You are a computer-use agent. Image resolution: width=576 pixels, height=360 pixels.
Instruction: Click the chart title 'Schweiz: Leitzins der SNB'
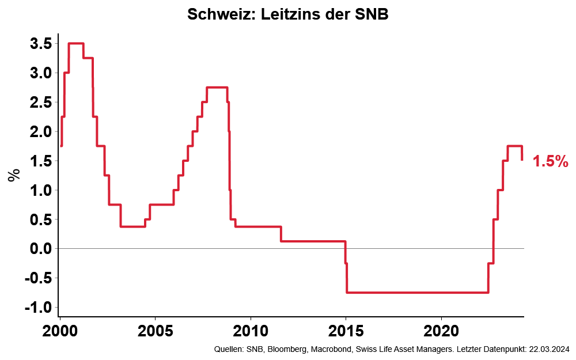(x=288, y=15)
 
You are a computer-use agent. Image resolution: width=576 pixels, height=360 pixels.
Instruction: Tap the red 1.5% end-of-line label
(x=550, y=161)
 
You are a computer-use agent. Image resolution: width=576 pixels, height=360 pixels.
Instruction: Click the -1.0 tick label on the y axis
(x=36, y=308)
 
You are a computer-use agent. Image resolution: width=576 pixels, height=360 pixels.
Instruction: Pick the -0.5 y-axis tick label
(x=36, y=278)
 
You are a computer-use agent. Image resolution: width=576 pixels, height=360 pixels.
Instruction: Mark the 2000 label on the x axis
(x=60, y=332)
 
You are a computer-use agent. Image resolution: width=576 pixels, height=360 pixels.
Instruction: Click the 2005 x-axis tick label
(x=156, y=332)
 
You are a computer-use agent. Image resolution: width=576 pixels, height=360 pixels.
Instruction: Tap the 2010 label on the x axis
(x=251, y=332)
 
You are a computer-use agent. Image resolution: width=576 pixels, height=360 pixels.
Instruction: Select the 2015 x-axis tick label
(x=346, y=332)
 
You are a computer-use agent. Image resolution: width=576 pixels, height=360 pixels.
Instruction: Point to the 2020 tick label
(x=441, y=332)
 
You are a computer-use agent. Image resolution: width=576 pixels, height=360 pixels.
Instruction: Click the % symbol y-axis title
(x=13, y=175)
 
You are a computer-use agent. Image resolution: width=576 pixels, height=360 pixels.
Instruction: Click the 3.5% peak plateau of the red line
(x=76, y=43)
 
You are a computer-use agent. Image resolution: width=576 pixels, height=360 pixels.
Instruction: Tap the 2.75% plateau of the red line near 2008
(x=217, y=88)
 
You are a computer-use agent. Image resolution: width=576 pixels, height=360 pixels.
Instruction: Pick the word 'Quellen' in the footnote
(x=228, y=350)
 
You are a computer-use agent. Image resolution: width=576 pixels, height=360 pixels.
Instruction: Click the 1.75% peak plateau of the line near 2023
(x=514, y=146)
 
